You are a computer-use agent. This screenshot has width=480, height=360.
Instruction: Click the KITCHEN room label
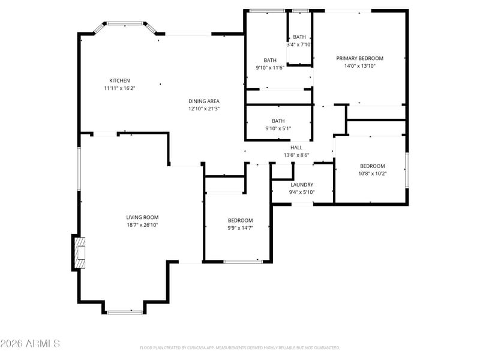(x=119, y=81)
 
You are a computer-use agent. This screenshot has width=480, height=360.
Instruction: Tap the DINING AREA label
(x=204, y=101)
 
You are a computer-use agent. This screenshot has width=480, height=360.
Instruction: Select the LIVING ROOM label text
(x=142, y=217)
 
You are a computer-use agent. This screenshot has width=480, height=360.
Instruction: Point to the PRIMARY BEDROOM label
(x=359, y=58)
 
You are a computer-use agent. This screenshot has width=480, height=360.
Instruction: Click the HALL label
(x=296, y=148)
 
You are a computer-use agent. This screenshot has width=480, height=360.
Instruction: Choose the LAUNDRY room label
(x=302, y=185)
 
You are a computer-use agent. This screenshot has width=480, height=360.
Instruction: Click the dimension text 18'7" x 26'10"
(x=142, y=225)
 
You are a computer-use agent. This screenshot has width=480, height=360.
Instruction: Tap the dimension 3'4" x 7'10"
(x=299, y=44)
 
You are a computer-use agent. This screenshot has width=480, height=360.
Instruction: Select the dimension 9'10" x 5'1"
(x=278, y=128)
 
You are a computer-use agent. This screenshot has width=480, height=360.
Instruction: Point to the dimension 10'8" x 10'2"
(x=373, y=173)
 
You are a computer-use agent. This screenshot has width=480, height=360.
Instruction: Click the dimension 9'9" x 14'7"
(x=241, y=228)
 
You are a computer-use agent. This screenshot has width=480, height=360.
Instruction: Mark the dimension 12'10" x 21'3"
(x=204, y=109)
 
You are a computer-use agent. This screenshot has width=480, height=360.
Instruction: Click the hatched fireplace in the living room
(x=80, y=253)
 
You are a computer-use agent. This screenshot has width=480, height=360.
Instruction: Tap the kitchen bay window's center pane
(x=125, y=23)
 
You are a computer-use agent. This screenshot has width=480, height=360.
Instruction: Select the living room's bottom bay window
(x=125, y=312)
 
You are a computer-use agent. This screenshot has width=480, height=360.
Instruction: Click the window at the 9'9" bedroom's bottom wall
(x=243, y=262)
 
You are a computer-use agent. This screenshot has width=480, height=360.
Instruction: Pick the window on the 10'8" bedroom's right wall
(x=407, y=170)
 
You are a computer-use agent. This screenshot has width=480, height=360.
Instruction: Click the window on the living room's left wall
(x=79, y=169)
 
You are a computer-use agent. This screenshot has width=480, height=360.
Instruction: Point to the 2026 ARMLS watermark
(x=30, y=343)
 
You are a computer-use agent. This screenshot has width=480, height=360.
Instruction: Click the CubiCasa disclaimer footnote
(x=239, y=348)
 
